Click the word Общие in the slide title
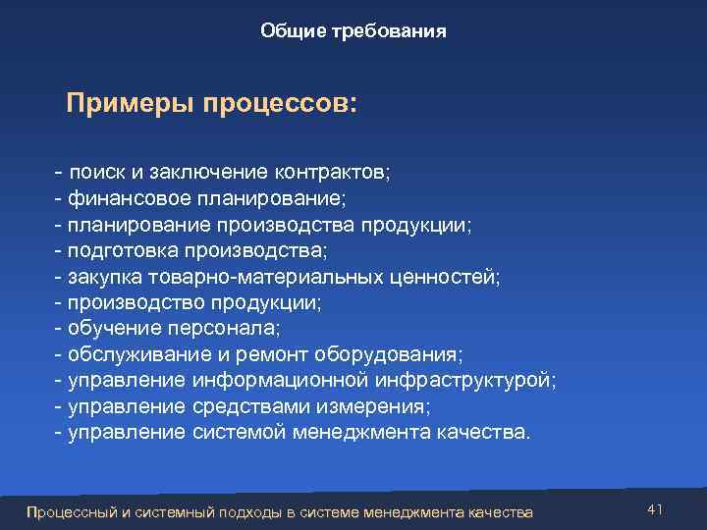coord(288,31)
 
